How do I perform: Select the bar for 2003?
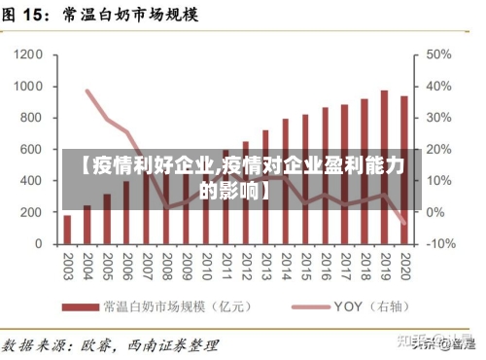[x=67, y=229]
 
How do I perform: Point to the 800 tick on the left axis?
[x=29, y=118]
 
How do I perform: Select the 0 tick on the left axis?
[x=39, y=243]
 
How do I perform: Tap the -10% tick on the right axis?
[x=440, y=243]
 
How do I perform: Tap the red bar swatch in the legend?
[x=79, y=306]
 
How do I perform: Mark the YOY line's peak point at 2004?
[x=87, y=91]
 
